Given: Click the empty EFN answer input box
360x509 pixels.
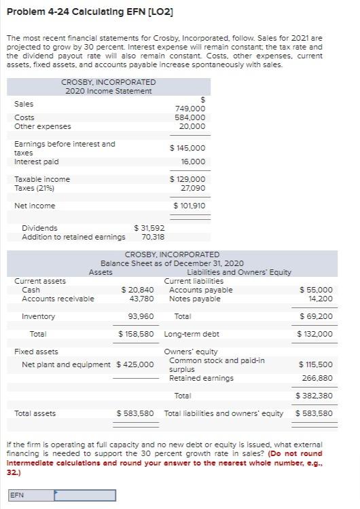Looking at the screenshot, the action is pyautogui.click(x=85, y=495).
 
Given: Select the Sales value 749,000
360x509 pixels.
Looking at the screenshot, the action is pyautogui.click(x=190, y=109).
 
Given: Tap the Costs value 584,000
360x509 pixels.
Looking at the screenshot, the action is pyautogui.click(x=190, y=117).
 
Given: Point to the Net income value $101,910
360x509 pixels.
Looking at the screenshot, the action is pyautogui.click(x=190, y=206).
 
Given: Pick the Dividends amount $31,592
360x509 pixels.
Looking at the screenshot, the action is pyautogui.click(x=149, y=228).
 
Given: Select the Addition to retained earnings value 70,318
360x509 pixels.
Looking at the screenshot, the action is pyautogui.click(x=154, y=237).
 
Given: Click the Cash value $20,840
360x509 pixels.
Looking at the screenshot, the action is pyautogui.click(x=137, y=290).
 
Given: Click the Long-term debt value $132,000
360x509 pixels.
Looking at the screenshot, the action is pyautogui.click(x=315, y=334).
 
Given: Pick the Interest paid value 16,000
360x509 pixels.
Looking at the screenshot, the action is pyautogui.click(x=193, y=162).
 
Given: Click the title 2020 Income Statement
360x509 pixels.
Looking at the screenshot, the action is pyautogui.click(x=108, y=91).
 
